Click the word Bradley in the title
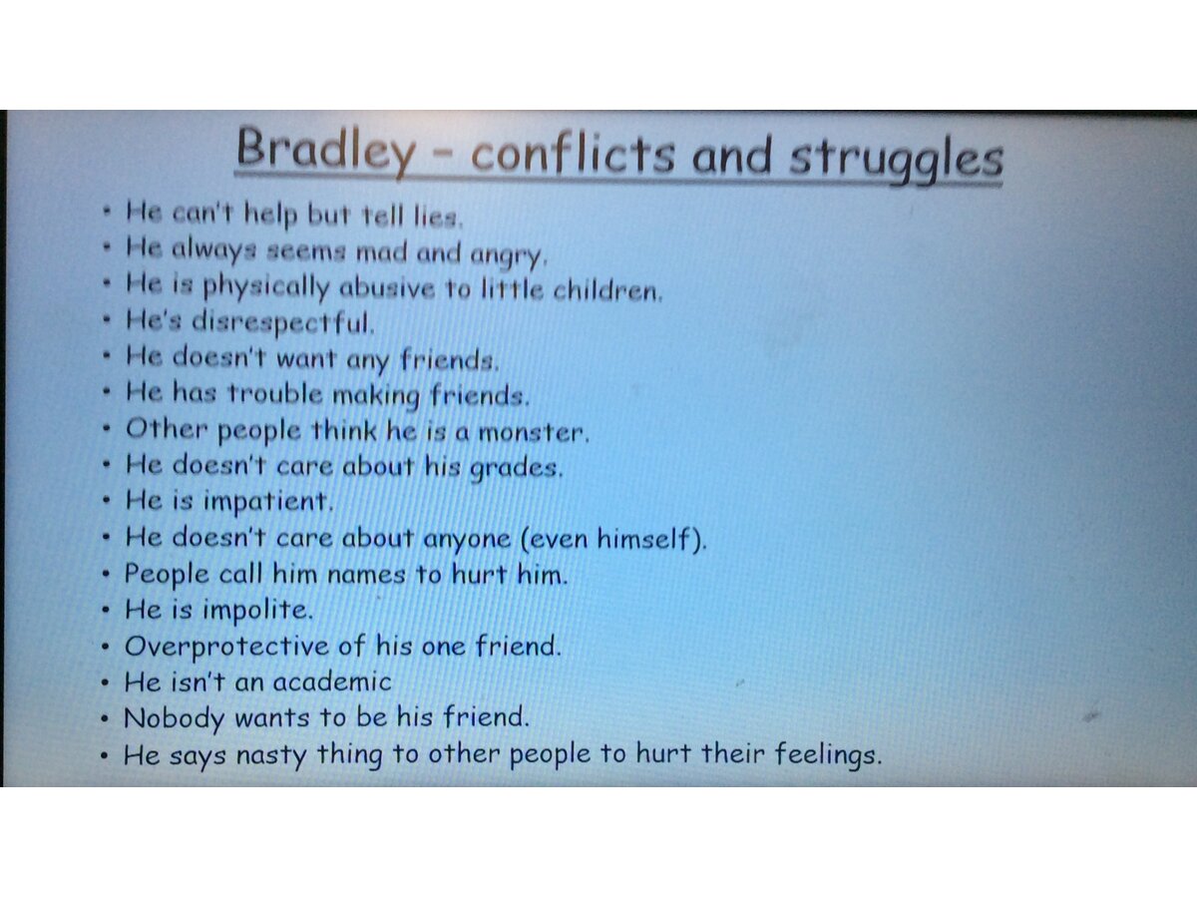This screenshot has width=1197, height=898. tap(326, 151)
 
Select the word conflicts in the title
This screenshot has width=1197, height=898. tap(573, 154)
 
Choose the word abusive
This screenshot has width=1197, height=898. tap(387, 287)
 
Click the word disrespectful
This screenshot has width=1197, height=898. tap(283, 322)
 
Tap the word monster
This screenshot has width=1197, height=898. tap(534, 433)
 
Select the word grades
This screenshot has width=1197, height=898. tap(516, 468)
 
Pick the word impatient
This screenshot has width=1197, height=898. tap(267, 502)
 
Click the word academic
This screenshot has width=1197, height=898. tap(332, 682)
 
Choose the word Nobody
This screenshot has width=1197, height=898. tap(174, 718)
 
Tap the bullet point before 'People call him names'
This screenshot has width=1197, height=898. tap(106, 574)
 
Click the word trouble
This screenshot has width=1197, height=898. tap(275, 394)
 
